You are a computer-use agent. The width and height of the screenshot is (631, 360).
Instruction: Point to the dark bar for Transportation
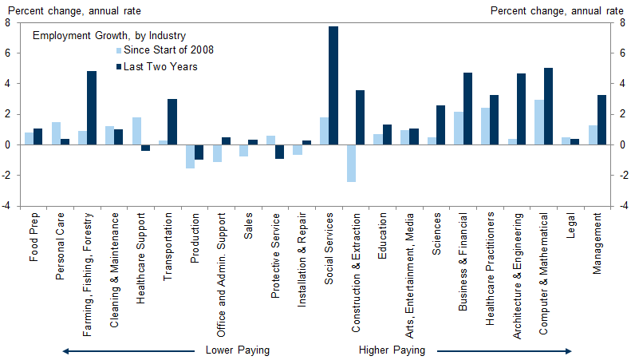(x=172, y=121)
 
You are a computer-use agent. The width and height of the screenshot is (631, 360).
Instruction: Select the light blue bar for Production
(x=190, y=156)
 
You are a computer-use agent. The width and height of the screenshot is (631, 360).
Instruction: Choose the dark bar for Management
(x=602, y=120)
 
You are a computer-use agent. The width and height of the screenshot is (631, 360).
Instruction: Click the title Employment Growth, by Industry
(x=108, y=35)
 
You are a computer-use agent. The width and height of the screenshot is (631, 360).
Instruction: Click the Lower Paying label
(x=238, y=350)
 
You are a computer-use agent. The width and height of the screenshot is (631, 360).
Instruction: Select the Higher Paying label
(x=392, y=350)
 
